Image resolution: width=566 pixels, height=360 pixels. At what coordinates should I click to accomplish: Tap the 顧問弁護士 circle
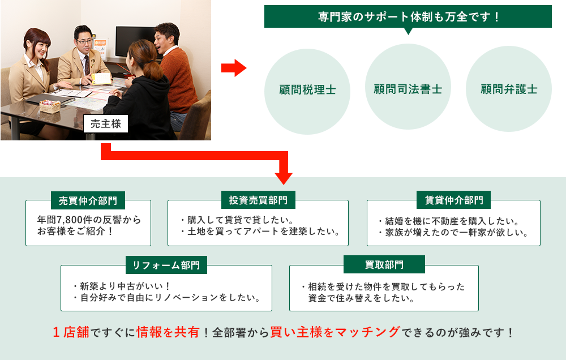point(508,89)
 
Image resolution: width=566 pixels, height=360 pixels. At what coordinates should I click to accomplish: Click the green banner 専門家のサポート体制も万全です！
point(408,16)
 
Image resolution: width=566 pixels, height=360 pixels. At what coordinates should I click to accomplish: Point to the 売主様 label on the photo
point(106,124)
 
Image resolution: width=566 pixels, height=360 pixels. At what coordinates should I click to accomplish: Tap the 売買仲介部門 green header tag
point(88,200)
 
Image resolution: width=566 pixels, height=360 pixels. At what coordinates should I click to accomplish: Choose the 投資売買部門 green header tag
point(258,200)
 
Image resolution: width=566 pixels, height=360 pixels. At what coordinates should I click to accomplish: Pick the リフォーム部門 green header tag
point(166,265)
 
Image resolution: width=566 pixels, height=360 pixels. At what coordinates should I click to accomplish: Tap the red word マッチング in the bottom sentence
point(368,332)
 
